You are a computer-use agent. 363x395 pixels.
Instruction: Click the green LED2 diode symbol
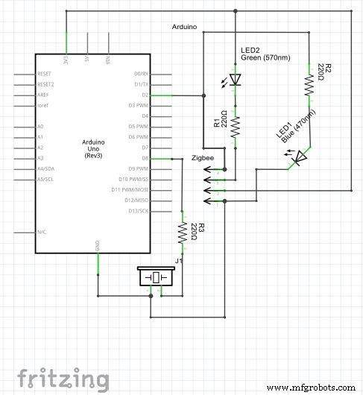(x=236, y=79)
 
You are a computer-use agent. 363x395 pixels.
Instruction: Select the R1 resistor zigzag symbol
(x=236, y=125)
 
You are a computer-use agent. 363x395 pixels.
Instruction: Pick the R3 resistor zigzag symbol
(x=182, y=233)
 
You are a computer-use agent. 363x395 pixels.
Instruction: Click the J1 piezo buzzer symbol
(x=158, y=278)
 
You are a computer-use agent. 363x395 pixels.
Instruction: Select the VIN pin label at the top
(x=108, y=59)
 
